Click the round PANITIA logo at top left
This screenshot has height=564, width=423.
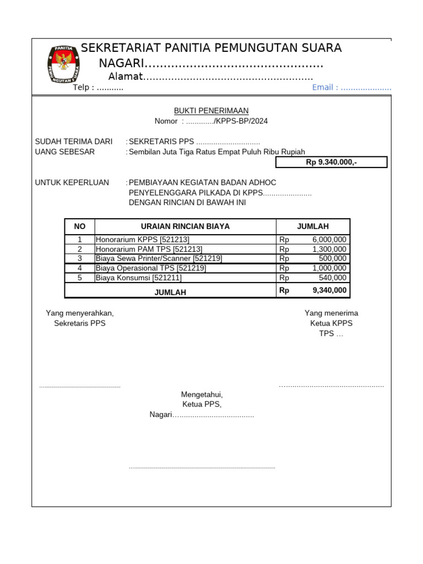64,65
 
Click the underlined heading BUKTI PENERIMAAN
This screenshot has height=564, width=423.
211,111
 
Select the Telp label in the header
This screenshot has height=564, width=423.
84,88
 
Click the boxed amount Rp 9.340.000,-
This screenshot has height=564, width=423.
331,162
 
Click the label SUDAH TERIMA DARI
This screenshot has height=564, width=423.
74,142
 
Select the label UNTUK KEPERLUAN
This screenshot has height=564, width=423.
72,182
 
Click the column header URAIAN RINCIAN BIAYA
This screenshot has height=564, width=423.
185,226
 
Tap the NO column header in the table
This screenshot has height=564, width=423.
80,226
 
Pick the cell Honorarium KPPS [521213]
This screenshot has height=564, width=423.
142,240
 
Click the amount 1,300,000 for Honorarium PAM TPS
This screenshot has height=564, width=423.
329,249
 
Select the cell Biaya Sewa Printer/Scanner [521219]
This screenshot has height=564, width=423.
159,258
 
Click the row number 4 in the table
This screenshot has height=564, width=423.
80,268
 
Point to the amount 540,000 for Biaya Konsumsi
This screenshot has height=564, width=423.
333,278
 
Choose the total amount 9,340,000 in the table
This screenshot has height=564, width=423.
329,290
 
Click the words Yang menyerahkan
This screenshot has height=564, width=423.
80,313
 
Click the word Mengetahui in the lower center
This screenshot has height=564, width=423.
202,394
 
